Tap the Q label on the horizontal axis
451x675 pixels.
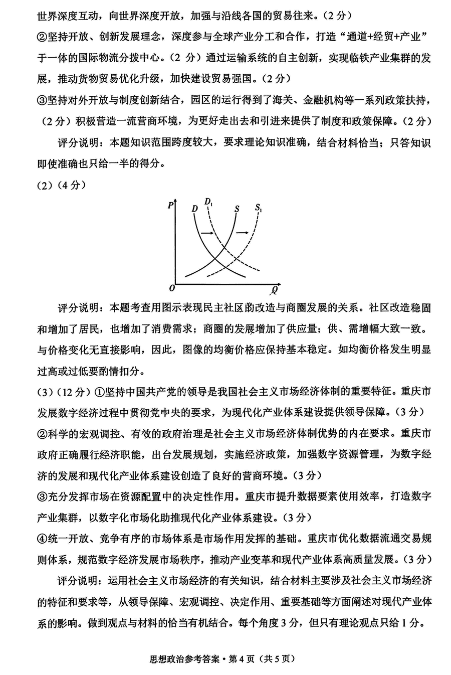pyautogui.click(x=275, y=289)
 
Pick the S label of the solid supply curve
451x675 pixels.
pyautogui.click(x=237, y=208)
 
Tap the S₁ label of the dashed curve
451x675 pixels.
pyautogui.click(x=259, y=207)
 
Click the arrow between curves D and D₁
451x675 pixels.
pyautogui.click(x=206, y=233)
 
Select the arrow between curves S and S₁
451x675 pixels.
pyautogui.click(x=243, y=232)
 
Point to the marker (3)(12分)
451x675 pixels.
pyautogui.click(x=63, y=391)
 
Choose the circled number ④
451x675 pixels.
pyautogui.click(x=42, y=538)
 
